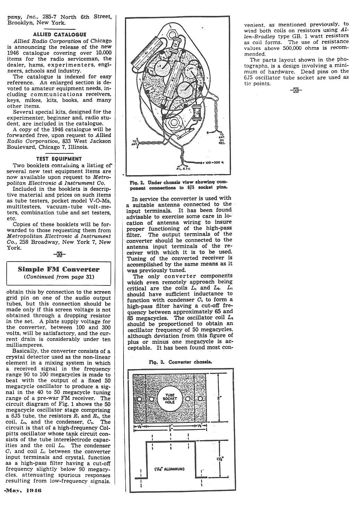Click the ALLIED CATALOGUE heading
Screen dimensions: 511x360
pyautogui.click(x=59, y=34)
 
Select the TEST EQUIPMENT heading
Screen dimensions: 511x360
pyautogui.click(x=59, y=159)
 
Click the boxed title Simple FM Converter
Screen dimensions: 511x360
pyautogui.click(x=59, y=269)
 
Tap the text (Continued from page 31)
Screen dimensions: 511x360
pyautogui.click(x=59, y=277)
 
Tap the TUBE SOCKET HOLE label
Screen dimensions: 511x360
pyautogui.click(x=170, y=399)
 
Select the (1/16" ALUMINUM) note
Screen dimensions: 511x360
pyautogui.click(x=170, y=469)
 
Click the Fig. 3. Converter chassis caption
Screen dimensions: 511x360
pyautogui.click(x=180, y=362)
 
